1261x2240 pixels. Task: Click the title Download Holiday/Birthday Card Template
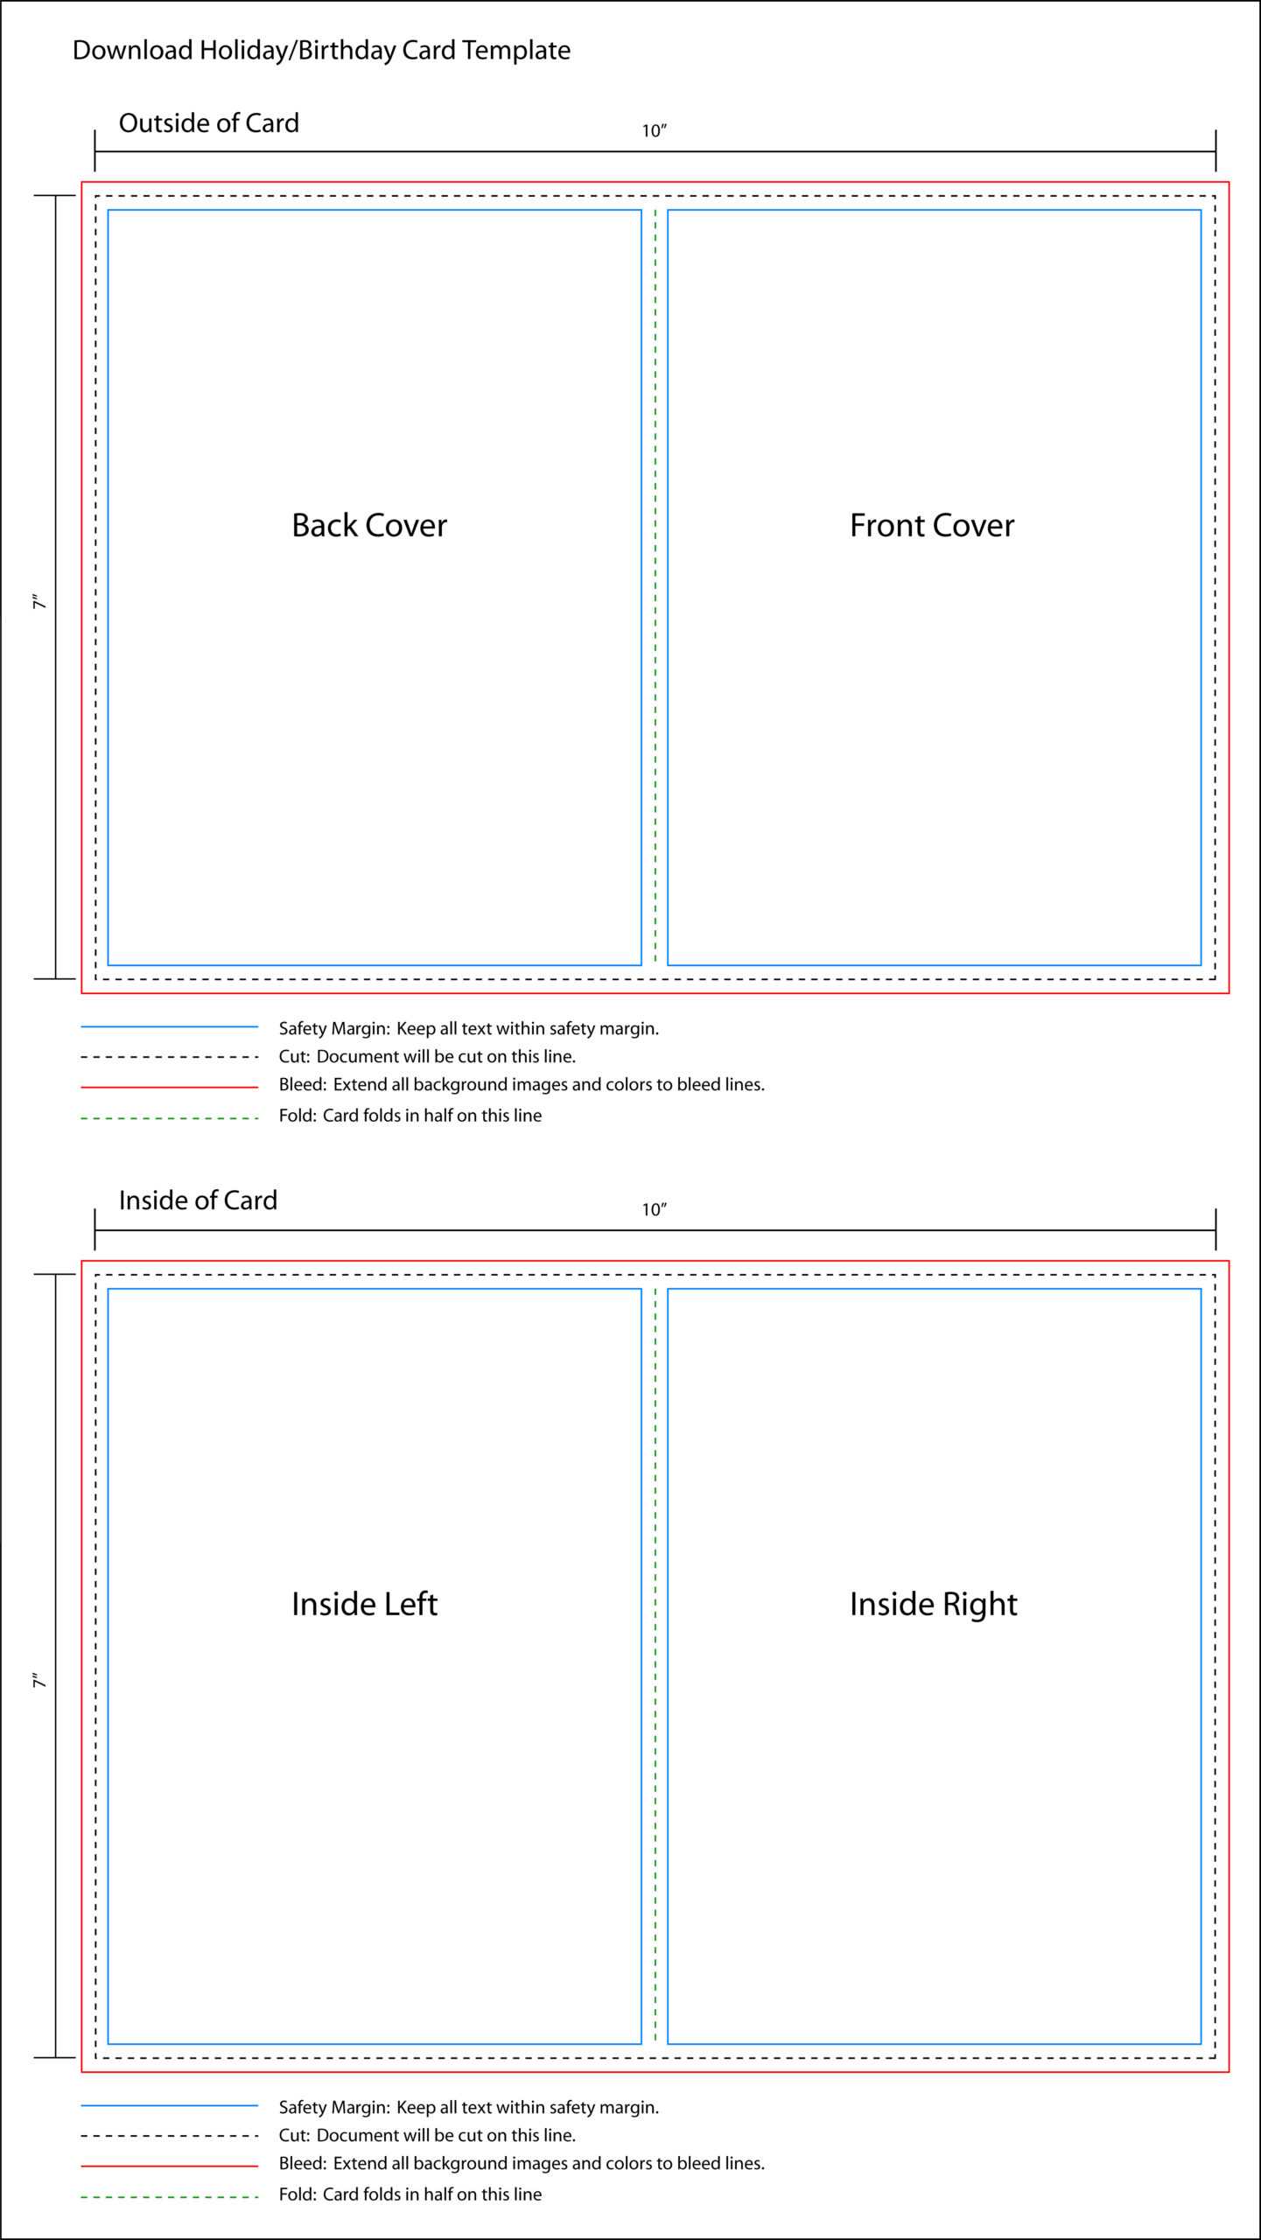(x=321, y=51)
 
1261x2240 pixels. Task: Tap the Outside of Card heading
(x=209, y=122)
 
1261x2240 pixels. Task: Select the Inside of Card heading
(x=198, y=1200)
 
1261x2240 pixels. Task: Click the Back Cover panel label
(x=369, y=525)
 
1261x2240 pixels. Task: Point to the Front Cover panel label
(x=932, y=525)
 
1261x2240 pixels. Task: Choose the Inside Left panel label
(x=364, y=1604)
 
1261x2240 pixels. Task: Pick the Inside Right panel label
(x=934, y=1605)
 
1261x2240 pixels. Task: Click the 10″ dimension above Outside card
(x=655, y=130)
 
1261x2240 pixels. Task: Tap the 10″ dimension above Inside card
(x=655, y=1209)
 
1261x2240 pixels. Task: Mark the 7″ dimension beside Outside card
(x=39, y=602)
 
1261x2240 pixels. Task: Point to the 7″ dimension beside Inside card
(x=39, y=1681)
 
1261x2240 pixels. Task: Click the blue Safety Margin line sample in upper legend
(x=170, y=1026)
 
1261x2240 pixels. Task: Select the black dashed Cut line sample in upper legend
(x=170, y=1057)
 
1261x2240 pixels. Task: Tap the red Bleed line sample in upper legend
(x=170, y=1087)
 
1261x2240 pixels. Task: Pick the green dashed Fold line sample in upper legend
(x=170, y=1118)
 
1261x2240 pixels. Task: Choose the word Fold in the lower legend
(x=298, y=2194)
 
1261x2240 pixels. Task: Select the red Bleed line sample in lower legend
(x=170, y=2166)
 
